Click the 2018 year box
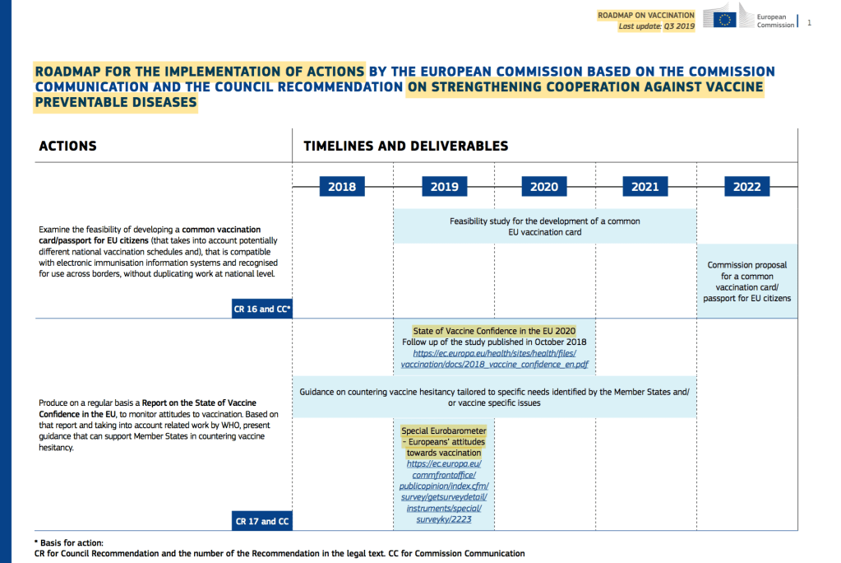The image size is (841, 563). (x=342, y=187)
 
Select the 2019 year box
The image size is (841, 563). (x=444, y=187)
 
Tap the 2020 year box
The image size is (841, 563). (x=544, y=187)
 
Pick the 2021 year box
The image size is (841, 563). (x=645, y=187)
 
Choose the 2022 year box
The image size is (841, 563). (x=747, y=187)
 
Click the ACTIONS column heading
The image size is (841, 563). (x=68, y=146)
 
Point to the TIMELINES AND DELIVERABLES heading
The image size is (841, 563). (x=406, y=146)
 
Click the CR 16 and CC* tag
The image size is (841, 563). (x=262, y=309)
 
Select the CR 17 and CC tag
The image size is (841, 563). (x=262, y=521)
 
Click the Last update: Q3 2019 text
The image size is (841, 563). (x=657, y=26)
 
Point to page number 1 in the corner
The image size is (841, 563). (x=810, y=23)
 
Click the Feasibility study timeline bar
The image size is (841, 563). (x=544, y=226)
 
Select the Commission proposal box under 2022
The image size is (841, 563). (x=747, y=281)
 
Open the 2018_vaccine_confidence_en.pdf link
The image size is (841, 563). (x=495, y=363)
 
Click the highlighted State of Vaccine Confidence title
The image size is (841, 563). (x=495, y=331)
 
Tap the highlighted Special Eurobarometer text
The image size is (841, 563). (x=444, y=441)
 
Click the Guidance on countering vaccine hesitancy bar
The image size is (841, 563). (x=495, y=397)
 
